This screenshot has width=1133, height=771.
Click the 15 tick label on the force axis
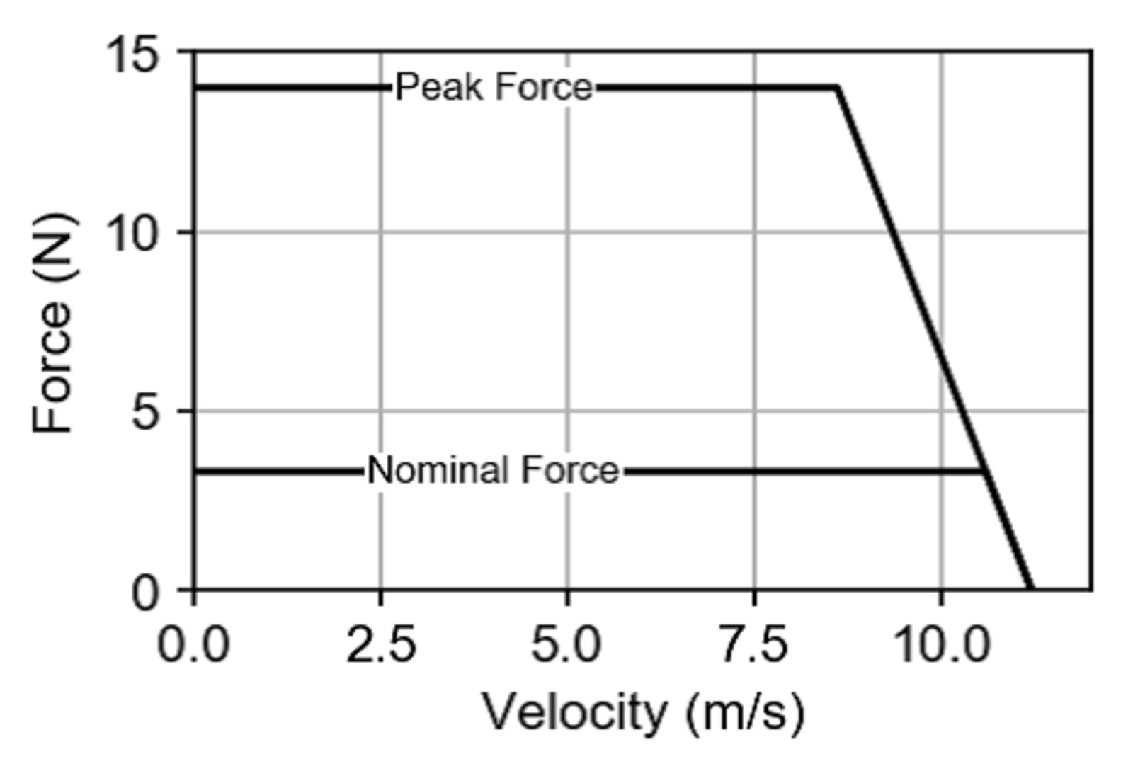pos(132,55)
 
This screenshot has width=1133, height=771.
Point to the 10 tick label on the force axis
pos(132,233)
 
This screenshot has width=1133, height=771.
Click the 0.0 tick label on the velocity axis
pos(193,645)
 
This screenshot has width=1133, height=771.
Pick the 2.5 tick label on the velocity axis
pos(381,645)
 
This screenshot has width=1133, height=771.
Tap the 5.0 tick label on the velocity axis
pos(566,645)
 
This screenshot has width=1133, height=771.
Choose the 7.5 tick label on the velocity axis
pos(753,645)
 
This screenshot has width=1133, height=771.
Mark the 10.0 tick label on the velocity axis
pos(941,645)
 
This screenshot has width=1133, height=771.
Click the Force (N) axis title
pos(53,322)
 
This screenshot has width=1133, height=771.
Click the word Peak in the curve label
pos(439,88)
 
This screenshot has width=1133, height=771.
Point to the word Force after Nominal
pos(570,470)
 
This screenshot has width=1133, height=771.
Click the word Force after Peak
pos(544,88)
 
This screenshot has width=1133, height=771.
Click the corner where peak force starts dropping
pos(838,88)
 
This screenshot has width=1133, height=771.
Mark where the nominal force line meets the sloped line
pos(985,471)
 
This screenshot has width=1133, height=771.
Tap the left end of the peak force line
pos(195,88)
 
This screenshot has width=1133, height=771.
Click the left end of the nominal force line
pos(195,471)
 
